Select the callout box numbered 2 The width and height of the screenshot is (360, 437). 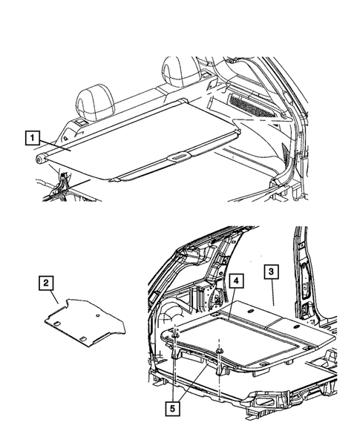pos(47,283)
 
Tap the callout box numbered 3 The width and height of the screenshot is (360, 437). pos(272,272)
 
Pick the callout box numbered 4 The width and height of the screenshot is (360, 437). pos(235,282)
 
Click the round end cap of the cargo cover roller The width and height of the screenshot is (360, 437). pos(38,158)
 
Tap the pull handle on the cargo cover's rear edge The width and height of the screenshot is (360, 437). pos(179,157)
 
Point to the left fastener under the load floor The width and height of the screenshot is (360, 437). pos(173,338)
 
